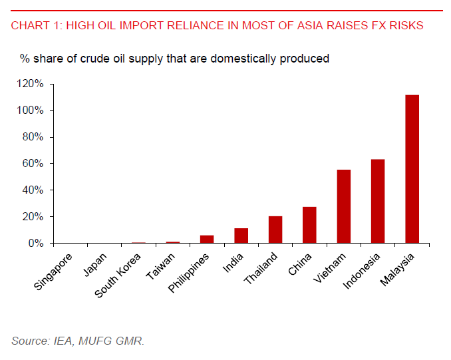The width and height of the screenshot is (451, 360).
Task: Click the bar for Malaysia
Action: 412,169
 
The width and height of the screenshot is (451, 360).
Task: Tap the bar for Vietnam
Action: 344,206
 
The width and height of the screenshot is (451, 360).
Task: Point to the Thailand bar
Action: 275,230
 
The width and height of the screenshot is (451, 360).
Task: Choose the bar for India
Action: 241,236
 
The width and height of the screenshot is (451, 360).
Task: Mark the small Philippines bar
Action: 207,240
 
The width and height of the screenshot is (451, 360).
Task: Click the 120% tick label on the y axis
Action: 31,84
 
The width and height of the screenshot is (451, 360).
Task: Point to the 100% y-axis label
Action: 31,110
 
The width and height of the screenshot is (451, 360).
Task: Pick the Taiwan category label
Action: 162,266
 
